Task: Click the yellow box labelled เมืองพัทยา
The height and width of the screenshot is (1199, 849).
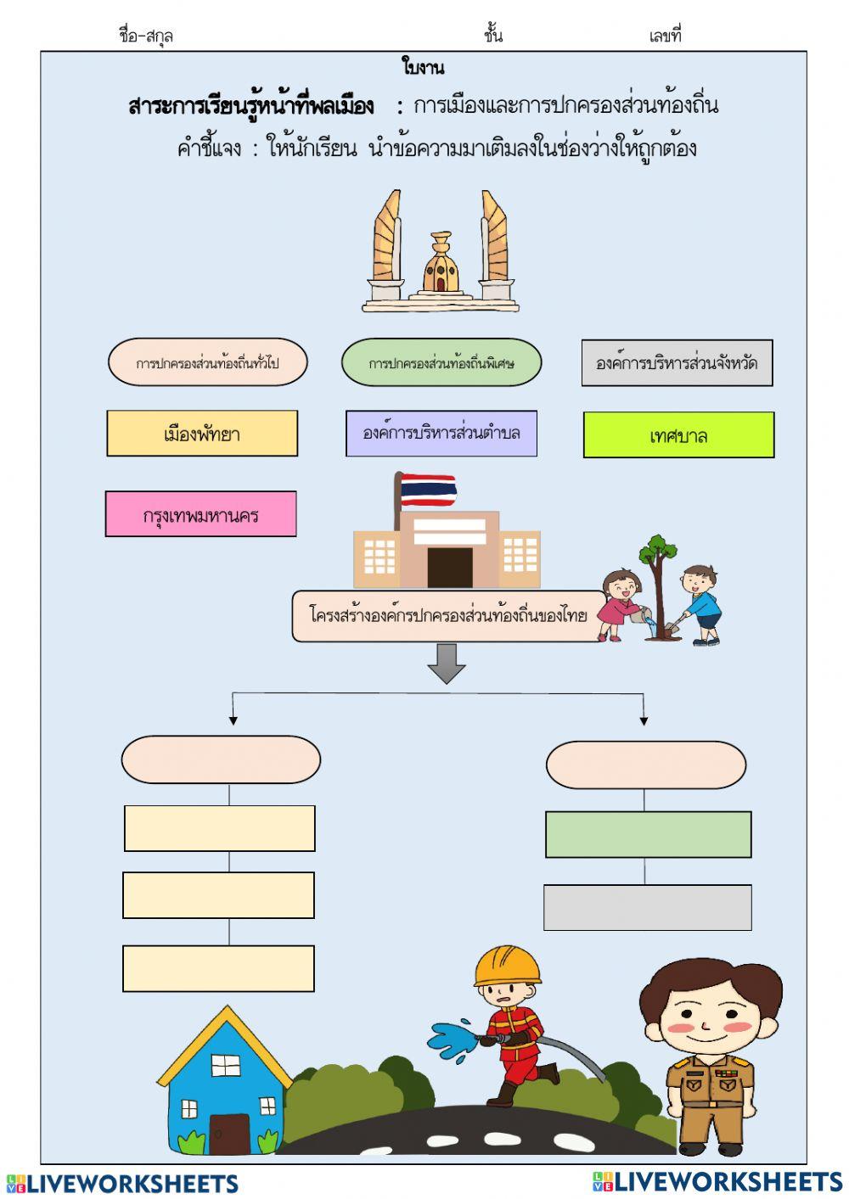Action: [x=202, y=434]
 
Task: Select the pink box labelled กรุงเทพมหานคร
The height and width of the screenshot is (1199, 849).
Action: [x=201, y=514]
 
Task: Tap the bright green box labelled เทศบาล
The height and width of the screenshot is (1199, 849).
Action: [x=678, y=435]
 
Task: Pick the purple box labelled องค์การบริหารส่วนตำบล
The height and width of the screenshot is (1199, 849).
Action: [x=441, y=434]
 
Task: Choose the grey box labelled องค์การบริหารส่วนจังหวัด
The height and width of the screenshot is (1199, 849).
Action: [x=677, y=363]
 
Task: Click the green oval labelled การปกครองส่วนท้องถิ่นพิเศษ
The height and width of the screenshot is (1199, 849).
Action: [x=441, y=363]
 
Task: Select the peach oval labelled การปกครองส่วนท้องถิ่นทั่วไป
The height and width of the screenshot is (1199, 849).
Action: [x=207, y=363]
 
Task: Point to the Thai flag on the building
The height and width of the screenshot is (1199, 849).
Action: [x=428, y=490]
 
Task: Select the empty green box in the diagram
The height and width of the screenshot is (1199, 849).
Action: [x=648, y=834]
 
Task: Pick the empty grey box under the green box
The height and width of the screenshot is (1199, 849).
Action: [x=647, y=907]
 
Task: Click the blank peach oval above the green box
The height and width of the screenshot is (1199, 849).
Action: [x=645, y=765]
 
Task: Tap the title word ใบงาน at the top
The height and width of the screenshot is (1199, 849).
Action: [x=423, y=67]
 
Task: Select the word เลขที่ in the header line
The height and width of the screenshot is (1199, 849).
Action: [x=665, y=36]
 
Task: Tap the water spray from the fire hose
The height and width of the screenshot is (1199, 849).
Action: [x=451, y=1040]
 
